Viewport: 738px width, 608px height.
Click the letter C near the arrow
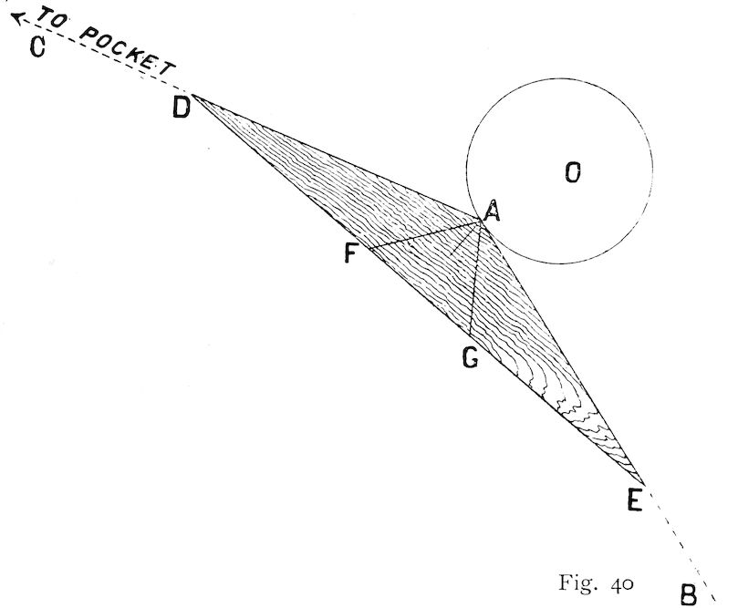tap(37, 47)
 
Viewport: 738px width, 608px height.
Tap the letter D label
tap(182, 108)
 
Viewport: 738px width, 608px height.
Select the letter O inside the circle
tap(573, 172)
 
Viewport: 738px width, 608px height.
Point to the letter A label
tap(492, 211)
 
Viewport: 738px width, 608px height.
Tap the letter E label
tap(635, 500)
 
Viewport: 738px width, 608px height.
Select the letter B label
tap(689, 594)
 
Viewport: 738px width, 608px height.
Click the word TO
tap(53, 18)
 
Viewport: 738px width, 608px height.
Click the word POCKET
tap(127, 52)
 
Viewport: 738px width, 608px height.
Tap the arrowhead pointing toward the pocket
tap(17, 18)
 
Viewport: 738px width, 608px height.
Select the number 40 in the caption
tap(622, 584)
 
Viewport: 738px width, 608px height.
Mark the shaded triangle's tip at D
tap(192, 95)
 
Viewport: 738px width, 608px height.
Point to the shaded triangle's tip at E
tap(643, 484)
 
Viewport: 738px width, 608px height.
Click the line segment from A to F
tap(424, 233)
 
